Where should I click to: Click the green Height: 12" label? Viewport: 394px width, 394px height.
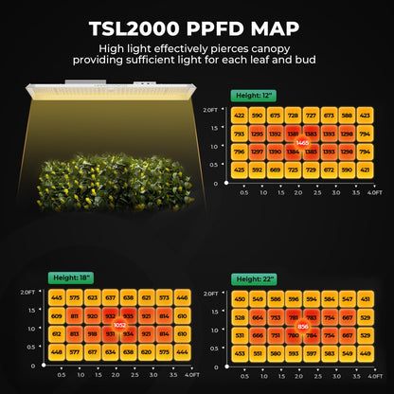pyautogui.click(x=254, y=97)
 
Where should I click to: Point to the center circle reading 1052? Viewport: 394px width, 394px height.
pyautogui.click(x=119, y=325)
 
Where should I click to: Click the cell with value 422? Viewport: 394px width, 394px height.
pyautogui.click(x=240, y=116)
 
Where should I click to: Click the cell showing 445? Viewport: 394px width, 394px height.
pyautogui.click(x=57, y=297)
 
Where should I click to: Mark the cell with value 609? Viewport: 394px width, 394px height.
pyautogui.click(x=57, y=315)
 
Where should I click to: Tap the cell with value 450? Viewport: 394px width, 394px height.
pyautogui.click(x=240, y=297)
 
